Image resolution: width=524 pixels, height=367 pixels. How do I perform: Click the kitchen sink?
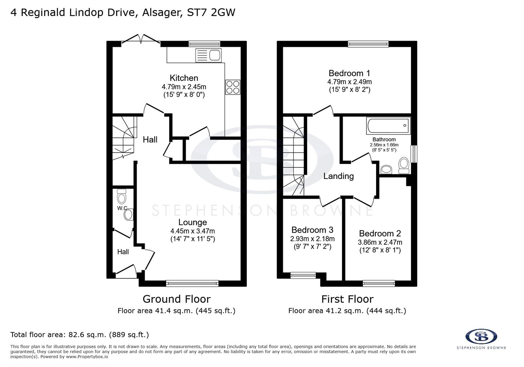(208, 55)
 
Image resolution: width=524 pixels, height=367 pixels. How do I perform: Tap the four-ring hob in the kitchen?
(232, 87)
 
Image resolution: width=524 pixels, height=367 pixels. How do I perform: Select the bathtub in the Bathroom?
(388, 126)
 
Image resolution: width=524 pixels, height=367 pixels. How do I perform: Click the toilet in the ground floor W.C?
(121, 196)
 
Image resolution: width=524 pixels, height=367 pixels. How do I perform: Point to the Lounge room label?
(192, 222)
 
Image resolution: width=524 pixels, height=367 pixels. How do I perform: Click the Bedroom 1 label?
(349, 73)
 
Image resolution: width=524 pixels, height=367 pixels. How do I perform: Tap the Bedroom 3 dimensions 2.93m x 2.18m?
(312, 239)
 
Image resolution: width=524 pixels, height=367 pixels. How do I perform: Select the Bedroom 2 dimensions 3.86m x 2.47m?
(380, 242)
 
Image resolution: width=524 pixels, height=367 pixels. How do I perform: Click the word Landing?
(338, 176)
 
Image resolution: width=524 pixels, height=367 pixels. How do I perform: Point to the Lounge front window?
(192, 283)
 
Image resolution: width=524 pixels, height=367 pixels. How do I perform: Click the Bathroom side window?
(414, 154)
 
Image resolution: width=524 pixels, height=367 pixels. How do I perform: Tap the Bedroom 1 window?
(368, 43)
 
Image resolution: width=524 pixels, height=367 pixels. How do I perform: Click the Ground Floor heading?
(176, 299)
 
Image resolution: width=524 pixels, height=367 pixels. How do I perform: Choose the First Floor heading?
(347, 299)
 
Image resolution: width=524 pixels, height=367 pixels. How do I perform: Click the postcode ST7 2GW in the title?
(211, 13)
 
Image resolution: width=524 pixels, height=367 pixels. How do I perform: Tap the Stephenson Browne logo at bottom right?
(481, 337)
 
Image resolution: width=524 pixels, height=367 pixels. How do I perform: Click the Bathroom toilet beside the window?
(404, 164)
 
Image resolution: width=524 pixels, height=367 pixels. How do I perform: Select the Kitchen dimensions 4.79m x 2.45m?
(184, 87)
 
